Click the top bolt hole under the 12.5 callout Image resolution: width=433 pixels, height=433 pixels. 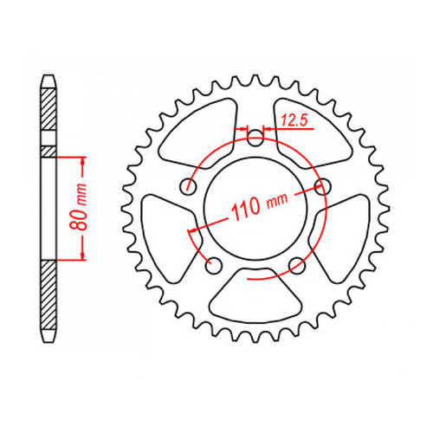(255, 139)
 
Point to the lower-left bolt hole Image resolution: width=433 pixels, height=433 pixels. (215, 264)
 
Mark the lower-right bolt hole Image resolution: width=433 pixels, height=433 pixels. (296, 264)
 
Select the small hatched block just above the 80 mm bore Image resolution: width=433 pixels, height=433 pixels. (48, 151)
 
